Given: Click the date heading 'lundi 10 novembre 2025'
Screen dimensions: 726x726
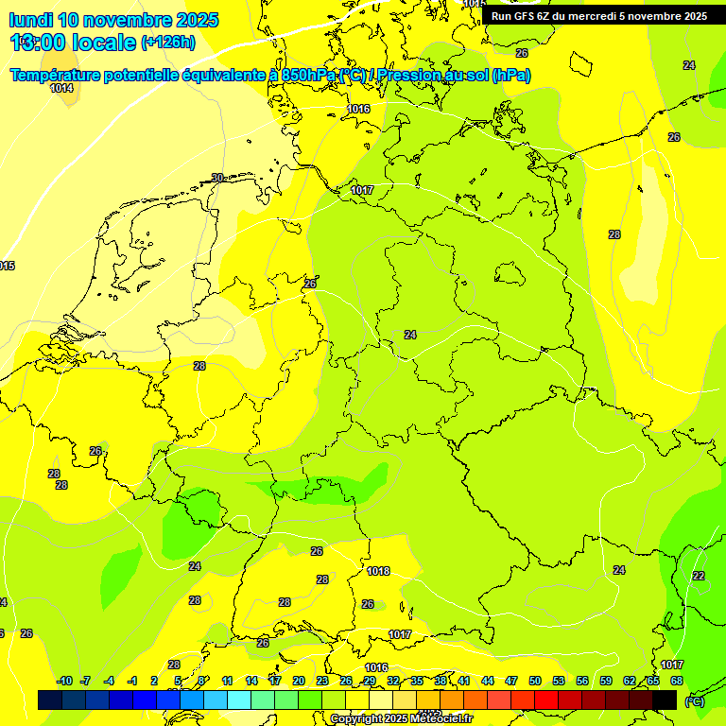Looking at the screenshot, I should tap(113, 20).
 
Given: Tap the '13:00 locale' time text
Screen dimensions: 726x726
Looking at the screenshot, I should tap(74, 42).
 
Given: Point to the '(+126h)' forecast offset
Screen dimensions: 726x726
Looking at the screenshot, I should tap(168, 42).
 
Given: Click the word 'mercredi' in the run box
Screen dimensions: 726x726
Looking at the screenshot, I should tap(594, 16).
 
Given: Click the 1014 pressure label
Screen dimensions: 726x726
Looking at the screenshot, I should tap(61, 88).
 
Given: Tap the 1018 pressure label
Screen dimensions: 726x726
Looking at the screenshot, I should tap(378, 571).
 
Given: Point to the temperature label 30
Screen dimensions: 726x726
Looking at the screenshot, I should tap(217, 178).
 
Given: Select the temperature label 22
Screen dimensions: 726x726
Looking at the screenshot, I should tap(699, 576).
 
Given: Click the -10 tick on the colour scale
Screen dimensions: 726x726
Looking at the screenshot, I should tap(64, 681).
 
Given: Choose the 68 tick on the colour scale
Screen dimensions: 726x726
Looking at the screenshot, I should tap(677, 681).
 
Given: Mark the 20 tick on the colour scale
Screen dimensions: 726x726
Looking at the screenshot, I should tap(299, 681).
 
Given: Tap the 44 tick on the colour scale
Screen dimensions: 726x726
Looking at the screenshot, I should tap(488, 681).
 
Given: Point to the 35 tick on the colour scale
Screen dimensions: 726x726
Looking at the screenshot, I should tap(417, 681).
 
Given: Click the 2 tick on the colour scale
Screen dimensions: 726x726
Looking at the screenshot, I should tap(154, 681).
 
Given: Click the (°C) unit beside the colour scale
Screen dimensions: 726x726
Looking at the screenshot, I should tap(695, 700).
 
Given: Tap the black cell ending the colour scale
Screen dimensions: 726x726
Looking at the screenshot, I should tap(665, 700).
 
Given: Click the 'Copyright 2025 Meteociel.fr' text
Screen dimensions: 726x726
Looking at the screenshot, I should tap(402, 719).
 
